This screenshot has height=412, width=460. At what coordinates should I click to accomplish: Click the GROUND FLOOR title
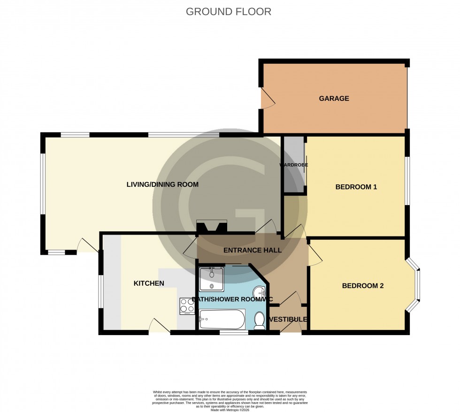click(229, 12)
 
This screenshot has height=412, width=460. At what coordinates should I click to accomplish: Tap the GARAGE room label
click(334, 99)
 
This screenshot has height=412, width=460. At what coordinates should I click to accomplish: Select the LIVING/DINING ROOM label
click(162, 184)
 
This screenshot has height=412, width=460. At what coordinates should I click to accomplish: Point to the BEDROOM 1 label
click(356, 187)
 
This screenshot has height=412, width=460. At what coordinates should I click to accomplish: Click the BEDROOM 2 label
click(362, 286)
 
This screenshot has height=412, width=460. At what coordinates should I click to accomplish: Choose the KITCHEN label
click(149, 283)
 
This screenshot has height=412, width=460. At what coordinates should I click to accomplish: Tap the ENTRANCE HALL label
click(252, 250)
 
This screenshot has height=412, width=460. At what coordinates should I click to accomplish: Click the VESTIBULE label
click(288, 319)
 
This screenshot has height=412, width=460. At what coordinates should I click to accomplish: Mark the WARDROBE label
click(294, 165)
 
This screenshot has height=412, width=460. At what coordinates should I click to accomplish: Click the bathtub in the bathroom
click(222, 320)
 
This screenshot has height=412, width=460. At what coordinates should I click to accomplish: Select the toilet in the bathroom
click(259, 320)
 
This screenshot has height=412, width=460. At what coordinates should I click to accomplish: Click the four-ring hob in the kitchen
click(187, 306)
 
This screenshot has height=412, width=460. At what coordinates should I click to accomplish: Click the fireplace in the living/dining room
click(212, 228)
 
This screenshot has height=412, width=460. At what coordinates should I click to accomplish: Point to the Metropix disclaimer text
click(230, 399)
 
